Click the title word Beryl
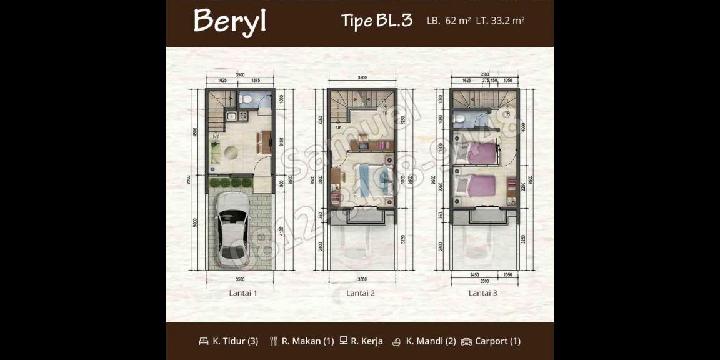(229, 21)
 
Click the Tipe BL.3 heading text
(376, 21)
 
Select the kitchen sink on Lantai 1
(231, 116)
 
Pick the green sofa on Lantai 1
(214, 152)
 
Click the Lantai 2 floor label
(361, 292)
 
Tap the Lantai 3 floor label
(483, 292)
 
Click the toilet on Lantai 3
(461, 119)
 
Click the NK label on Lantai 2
(339, 127)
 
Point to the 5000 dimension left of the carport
(196, 221)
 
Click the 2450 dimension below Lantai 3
(474, 274)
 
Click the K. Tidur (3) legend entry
(228, 341)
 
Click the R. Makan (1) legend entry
(301, 341)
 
